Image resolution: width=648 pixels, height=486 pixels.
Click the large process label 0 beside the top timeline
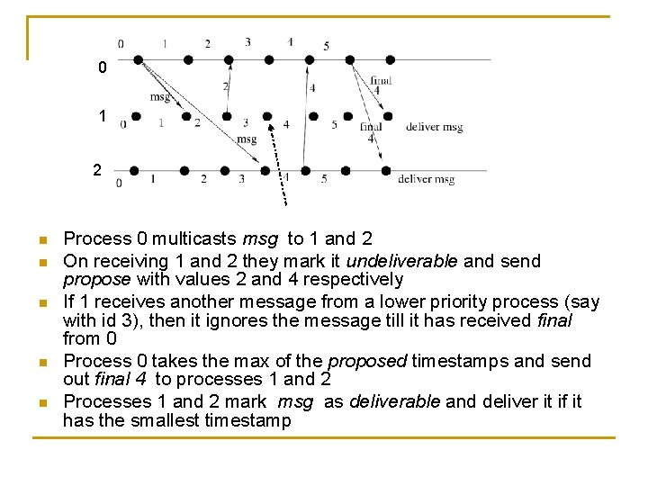(x=103, y=67)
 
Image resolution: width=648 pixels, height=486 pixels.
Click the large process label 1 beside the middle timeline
(x=103, y=116)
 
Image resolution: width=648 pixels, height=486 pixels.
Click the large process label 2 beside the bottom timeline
(x=97, y=168)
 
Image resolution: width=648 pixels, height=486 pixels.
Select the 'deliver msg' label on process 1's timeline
(x=434, y=127)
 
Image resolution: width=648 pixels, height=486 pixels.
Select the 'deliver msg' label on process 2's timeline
(x=426, y=179)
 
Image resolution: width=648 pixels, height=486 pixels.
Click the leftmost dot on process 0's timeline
(x=138, y=59)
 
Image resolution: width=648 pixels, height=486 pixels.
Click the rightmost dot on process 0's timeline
(x=390, y=59)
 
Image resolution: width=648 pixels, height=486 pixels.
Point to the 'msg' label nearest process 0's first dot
(x=160, y=96)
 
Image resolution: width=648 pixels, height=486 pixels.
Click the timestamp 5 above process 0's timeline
(x=326, y=45)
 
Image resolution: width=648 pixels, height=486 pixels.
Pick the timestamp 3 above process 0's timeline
(x=247, y=41)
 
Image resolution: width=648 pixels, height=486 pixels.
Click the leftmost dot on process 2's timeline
(x=134, y=170)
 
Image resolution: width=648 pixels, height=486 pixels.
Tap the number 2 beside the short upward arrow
(x=225, y=86)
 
